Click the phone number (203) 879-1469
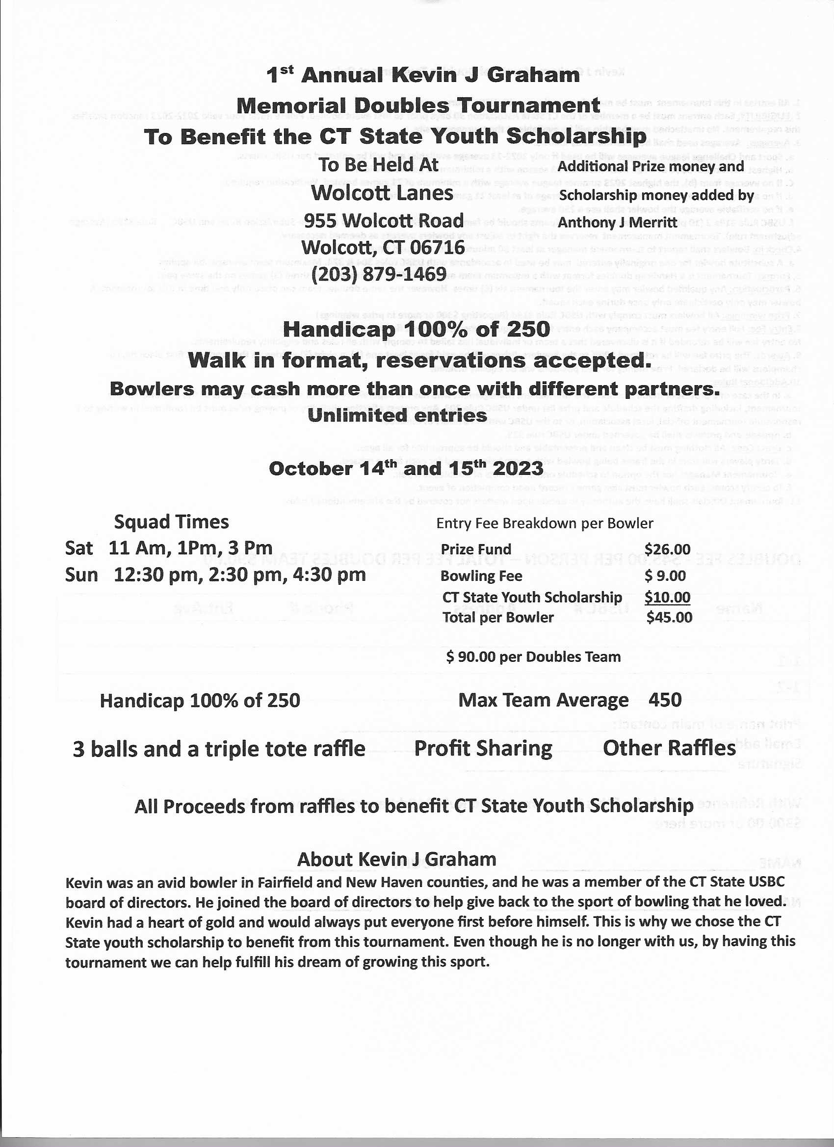point(379,274)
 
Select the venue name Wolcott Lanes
point(382,193)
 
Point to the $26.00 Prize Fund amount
point(668,549)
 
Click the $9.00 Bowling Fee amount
point(666,575)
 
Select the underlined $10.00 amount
point(668,597)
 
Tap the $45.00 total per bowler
point(669,618)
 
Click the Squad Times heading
point(171,522)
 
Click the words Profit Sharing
point(483,749)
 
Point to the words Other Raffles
point(669,749)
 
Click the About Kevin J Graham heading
point(396,859)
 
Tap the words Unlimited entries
point(397,415)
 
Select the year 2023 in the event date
point(518,469)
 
